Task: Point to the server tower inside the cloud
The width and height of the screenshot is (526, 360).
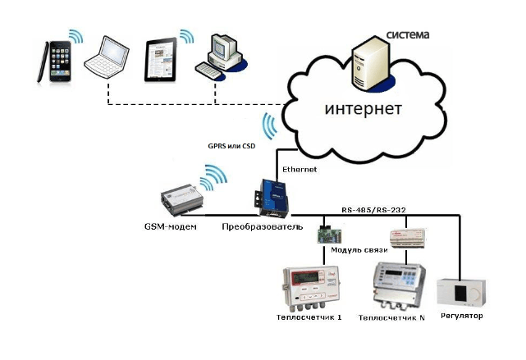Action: click(368, 67)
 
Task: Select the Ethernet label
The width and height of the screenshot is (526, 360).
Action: click(299, 170)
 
